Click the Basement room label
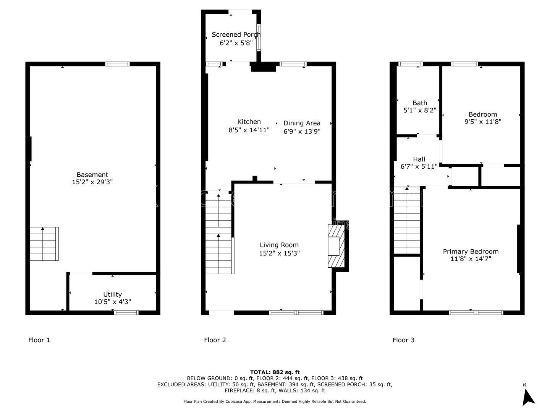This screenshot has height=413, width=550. (x=92, y=174)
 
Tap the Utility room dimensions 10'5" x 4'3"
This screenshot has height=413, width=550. (x=113, y=302)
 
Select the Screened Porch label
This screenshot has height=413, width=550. (x=236, y=34)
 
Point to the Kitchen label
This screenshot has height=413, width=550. (x=249, y=122)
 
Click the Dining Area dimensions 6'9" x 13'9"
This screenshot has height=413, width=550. (x=302, y=131)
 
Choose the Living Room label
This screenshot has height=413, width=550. (x=279, y=245)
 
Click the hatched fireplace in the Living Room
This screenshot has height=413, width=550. (x=336, y=246)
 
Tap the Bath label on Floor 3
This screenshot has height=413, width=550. (x=420, y=103)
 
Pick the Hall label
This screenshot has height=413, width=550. (x=419, y=159)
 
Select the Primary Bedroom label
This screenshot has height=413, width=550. (x=471, y=252)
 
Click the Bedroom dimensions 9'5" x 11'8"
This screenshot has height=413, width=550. (x=483, y=122)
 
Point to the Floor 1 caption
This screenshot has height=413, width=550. (x=39, y=340)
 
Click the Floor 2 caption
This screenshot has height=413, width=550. (x=215, y=340)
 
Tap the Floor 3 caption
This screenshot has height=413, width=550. (x=403, y=340)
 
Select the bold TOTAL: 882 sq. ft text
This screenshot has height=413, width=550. (x=275, y=372)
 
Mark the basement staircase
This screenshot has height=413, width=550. (x=44, y=244)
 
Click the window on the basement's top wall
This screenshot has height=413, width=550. (x=117, y=64)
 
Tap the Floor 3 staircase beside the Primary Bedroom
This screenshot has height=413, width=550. (x=407, y=220)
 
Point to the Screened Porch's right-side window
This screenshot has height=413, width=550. (x=259, y=37)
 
